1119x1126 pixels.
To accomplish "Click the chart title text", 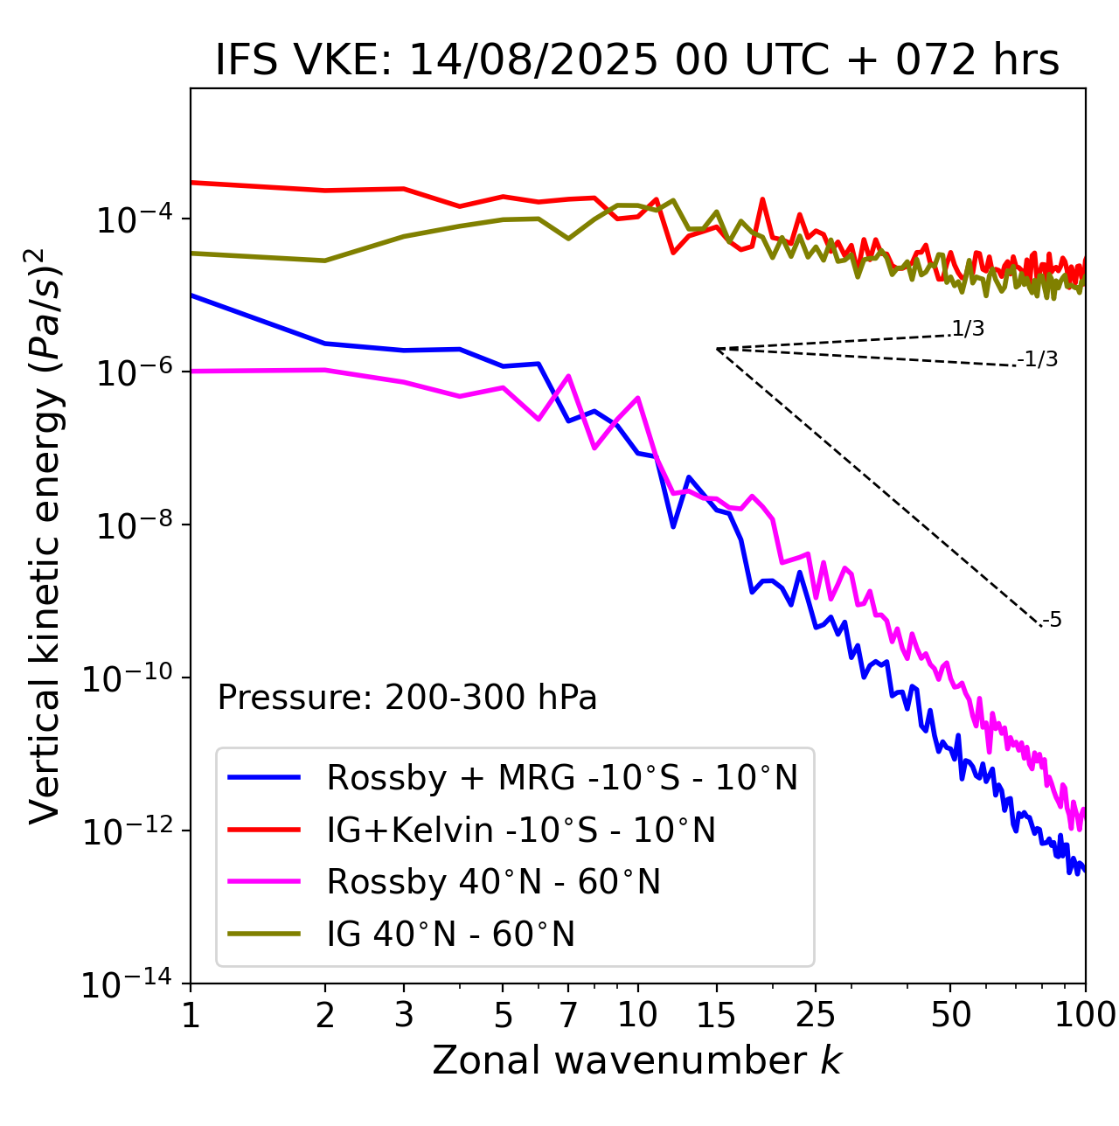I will point(637,60).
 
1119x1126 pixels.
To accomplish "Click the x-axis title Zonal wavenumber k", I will point(637,1060).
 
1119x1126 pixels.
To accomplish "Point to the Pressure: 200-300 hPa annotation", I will point(407,698).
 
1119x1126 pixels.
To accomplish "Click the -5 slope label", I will point(1052,621).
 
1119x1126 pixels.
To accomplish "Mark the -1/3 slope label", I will point(1038,359).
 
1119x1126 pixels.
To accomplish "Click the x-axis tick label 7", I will point(568,1015).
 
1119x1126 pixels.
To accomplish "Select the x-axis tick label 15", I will point(717,1015).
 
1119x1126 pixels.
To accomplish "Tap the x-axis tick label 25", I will point(816,1015).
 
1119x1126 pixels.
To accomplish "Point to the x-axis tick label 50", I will point(950,1015).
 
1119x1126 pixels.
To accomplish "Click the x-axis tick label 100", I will point(1085,1015).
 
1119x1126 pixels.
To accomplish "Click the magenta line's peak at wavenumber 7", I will point(569,377).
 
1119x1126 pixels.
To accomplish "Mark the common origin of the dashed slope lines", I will point(717,349).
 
